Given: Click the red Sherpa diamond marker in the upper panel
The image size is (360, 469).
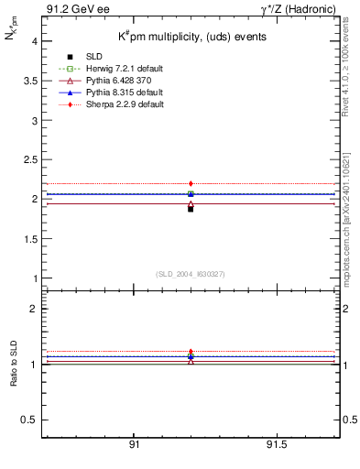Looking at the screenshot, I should tap(191, 184).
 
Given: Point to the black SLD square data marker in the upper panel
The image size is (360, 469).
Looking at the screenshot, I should tap(191, 209).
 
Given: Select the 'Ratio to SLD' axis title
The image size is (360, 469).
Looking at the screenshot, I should tap(13, 376).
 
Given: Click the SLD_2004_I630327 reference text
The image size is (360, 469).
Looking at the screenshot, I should tap(191, 274).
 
